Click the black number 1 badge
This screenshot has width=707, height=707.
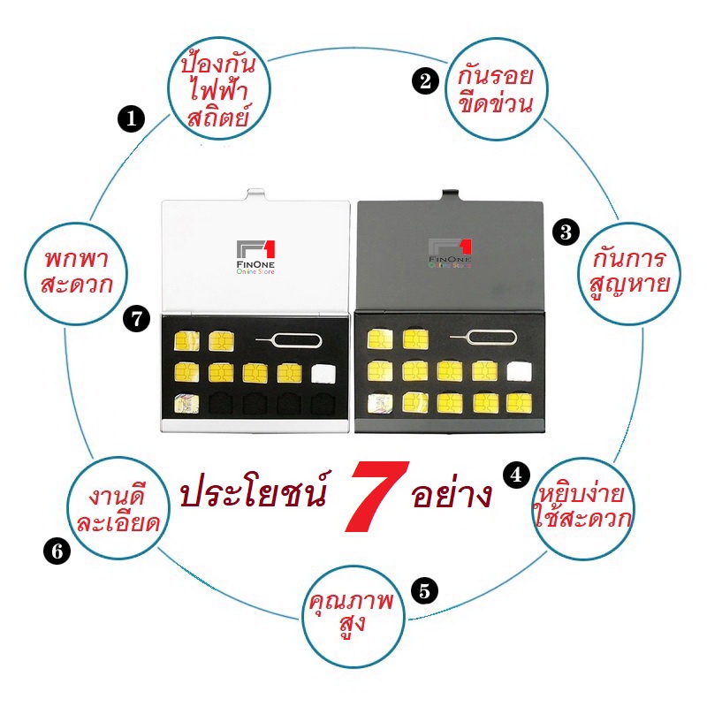[131, 119]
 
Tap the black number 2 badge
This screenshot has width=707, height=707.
[425, 81]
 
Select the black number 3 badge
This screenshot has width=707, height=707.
[566, 232]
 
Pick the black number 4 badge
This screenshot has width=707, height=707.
[517, 475]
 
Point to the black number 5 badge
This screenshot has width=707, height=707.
[425, 589]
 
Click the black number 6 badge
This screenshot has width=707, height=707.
[57, 551]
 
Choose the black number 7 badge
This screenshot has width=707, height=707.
[137, 319]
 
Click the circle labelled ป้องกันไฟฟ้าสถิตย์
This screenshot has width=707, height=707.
[219, 89]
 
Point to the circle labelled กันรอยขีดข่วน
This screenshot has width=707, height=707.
[496, 89]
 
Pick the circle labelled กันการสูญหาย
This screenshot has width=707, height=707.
[629, 273]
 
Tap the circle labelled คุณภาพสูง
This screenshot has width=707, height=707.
[353, 616]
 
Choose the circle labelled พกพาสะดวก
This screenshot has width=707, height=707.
[77, 273]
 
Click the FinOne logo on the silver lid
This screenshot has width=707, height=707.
[255, 257]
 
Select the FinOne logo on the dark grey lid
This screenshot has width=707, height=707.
[450, 254]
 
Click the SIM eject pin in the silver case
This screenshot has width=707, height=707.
[289, 340]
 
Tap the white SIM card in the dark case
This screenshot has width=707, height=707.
[519, 372]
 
